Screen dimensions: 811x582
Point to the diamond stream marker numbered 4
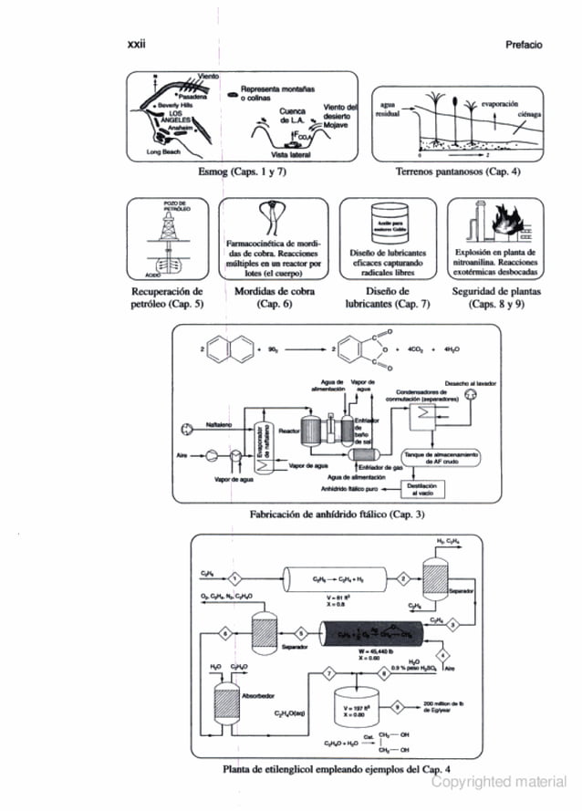(x=442, y=657)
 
